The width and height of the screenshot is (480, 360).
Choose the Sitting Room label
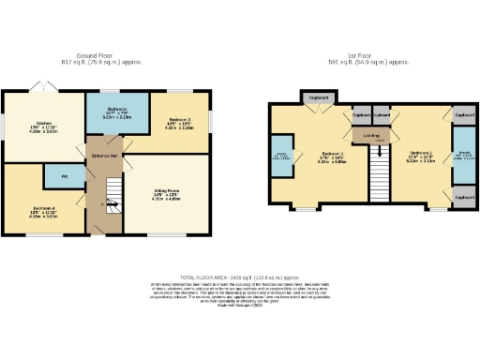(x=168, y=191)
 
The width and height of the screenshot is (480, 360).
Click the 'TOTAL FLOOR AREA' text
(x=239, y=278)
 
